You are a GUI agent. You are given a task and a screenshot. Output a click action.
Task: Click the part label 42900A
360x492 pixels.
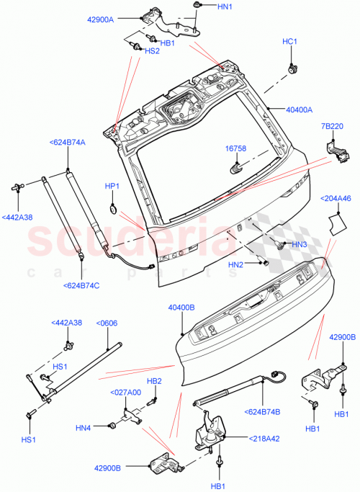tap(120, 19)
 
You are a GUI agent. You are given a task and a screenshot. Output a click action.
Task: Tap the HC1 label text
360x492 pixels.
tap(289, 42)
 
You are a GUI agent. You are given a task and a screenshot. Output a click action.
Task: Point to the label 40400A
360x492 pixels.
tap(299, 110)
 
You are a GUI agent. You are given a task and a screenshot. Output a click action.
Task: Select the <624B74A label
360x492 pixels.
tap(67, 143)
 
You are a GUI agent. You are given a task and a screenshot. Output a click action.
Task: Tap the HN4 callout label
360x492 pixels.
tap(83, 428)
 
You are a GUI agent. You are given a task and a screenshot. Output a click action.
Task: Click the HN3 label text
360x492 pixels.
tap(300, 245)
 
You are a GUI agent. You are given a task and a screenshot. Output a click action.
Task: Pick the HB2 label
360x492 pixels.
tap(154, 381)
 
